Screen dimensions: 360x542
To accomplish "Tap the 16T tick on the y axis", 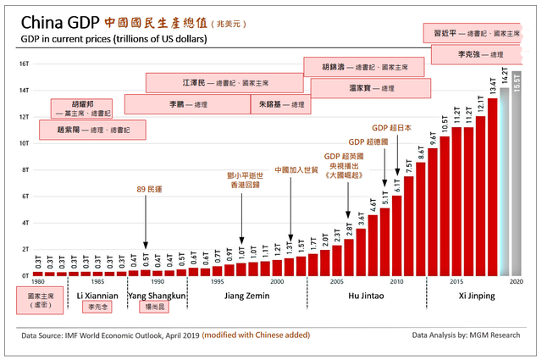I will point(25,64).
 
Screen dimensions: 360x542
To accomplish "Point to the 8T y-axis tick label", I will point(26,169).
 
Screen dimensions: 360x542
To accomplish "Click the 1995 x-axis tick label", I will point(218,281).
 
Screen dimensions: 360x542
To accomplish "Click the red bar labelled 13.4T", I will point(492,186).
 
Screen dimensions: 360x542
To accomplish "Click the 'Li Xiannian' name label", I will point(97,296).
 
